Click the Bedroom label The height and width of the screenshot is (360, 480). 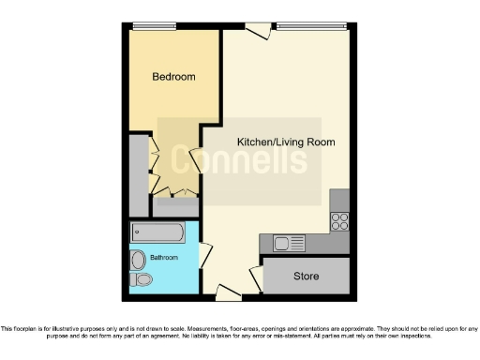pos(174,77)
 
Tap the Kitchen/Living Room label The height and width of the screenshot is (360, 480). pos(286,142)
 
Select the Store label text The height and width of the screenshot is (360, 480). pos(307,277)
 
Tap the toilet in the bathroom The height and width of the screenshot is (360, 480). pos(142,279)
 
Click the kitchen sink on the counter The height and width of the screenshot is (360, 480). pos(289,244)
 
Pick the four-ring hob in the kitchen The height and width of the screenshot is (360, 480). pos(339,222)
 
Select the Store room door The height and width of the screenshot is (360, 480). pos(255,276)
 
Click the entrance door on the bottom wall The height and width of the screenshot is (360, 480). pos(225,292)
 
